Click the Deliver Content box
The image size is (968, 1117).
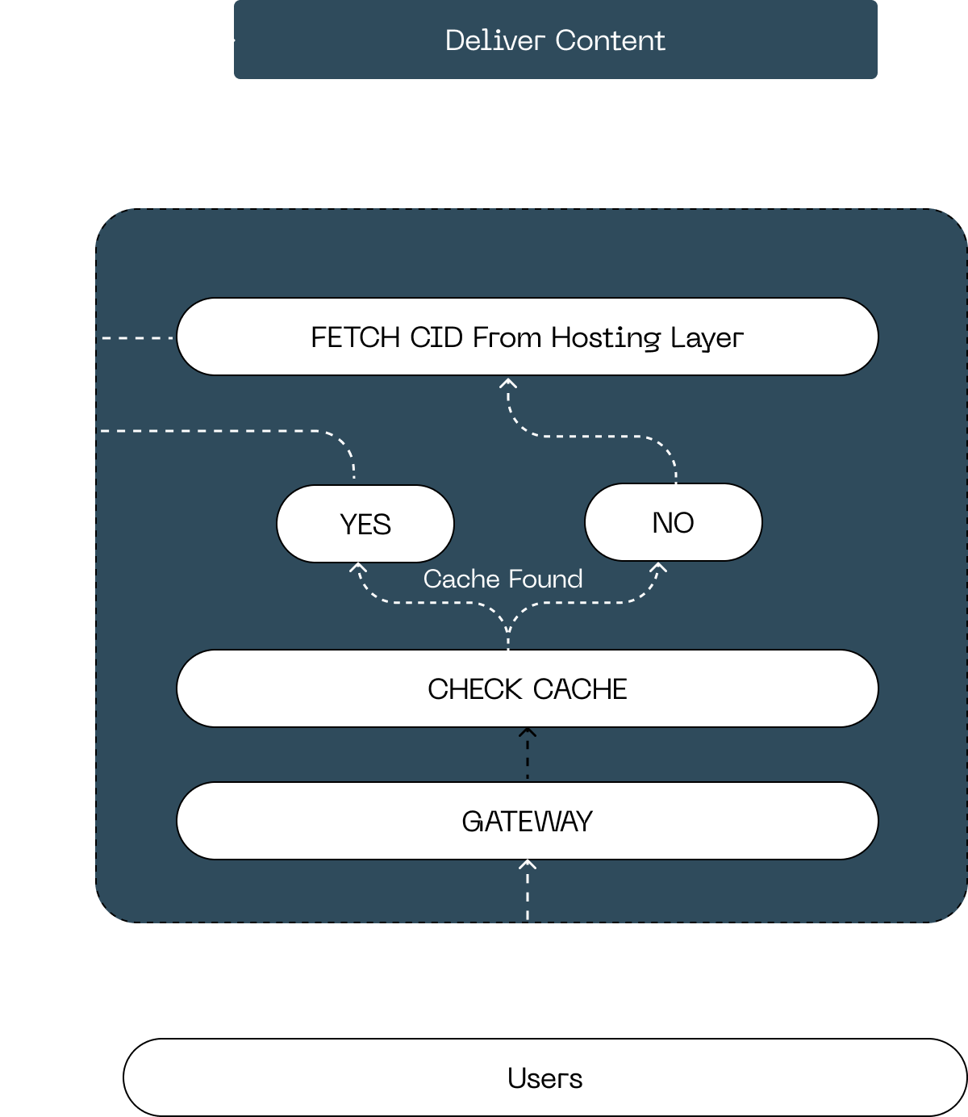pos(555,40)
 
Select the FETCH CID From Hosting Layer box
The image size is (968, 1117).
pos(527,337)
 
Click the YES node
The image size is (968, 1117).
pos(365,524)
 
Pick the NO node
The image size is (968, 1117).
pos(673,522)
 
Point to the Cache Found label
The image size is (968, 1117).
pos(503,579)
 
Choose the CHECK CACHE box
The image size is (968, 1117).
pos(527,688)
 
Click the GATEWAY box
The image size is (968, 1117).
pos(527,821)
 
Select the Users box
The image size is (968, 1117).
pos(544,1077)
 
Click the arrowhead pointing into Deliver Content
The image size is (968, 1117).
pos(229,40)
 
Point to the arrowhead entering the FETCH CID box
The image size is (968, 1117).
pos(507,383)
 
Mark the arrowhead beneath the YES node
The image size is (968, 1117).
pos(358,568)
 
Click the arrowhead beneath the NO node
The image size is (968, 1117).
pos(658,568)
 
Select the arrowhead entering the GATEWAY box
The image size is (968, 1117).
pos(527,865)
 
